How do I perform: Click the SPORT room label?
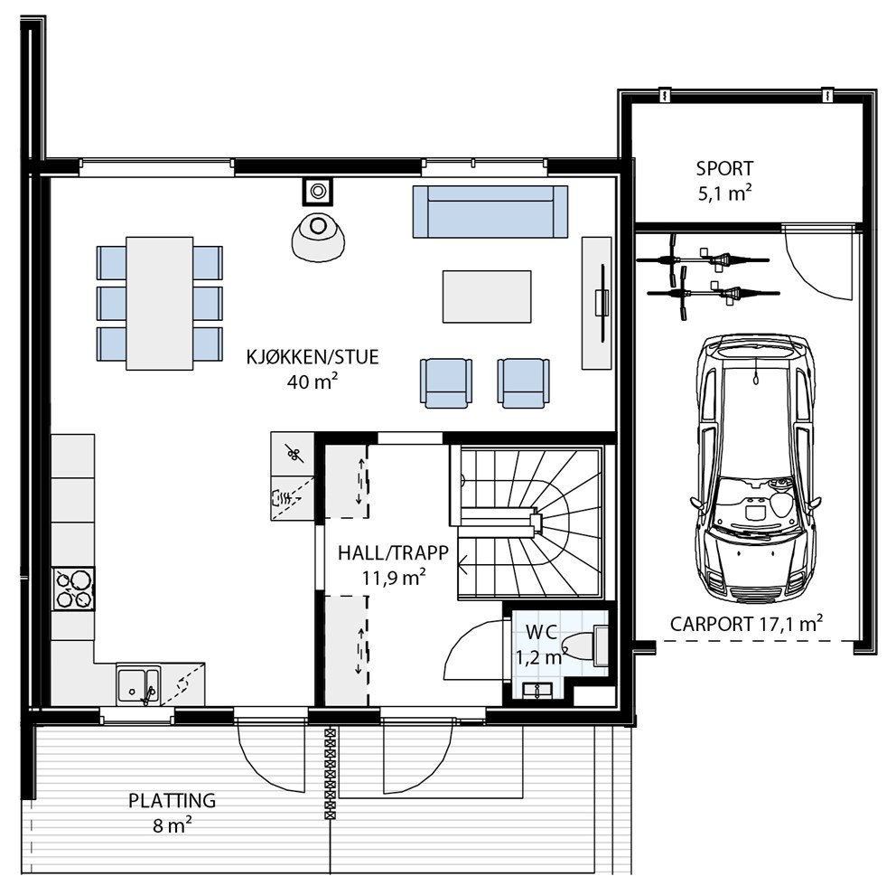pyautogui.click(x=724, y=169)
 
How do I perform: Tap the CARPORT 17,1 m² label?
pyautogui.click(x=746, y=624)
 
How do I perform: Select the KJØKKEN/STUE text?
pyautogui.click(x=313, y=357)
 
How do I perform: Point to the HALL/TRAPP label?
pyautogui.click(x=393, y=553)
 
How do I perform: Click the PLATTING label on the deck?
pyautogui.click(x=172, y=800)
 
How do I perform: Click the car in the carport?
pyautogui.click(x=756, y=467)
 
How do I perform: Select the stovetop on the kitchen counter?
pyautogui.click(x=74, y=589)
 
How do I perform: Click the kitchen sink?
pyautogui.click(x=138, y=685)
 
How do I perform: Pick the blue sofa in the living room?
pyautogui.click(x=490, y=211)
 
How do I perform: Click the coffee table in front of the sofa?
pyautogui.click(x=487, y=297)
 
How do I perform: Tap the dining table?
pyautogui.click(x=160, y=304)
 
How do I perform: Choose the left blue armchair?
pyautogui.click(x=445, y=383)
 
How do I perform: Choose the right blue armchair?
pyautogui.click(x=524, y=383)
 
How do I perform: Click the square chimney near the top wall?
pyautogui.click(x=318, y=191)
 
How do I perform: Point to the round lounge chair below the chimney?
pyautogui.click(x=318, y=237)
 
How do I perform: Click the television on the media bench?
pyautogui.click(x=602, y=303)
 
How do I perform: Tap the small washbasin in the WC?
pyautogui.click(x=537, y=690)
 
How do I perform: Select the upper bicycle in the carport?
pyautogui.click(x=703, y=260)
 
